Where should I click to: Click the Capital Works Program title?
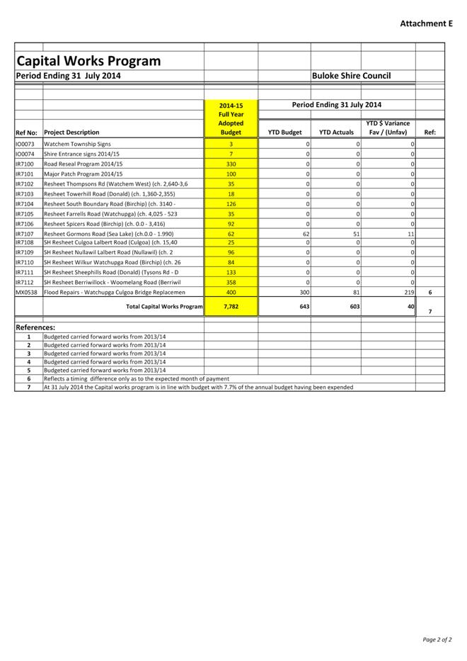[x=88, y=61]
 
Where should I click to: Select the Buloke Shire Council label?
[x=352, y=76]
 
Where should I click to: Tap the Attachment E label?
[x=426, y=23]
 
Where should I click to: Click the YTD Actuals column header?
[x=336, y=132]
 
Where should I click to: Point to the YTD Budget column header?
[x=284, y=132]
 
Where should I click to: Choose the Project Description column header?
[x=71, y=132]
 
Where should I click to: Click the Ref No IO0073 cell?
[x=25, y=144]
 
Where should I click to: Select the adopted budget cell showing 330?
[x=231, y=164]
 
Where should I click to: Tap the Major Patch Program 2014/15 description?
[x=83, y=174]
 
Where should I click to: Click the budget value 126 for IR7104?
[x=231, y=203]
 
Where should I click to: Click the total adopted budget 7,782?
[x=231, y=307]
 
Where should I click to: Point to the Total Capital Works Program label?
[x=164, y=307]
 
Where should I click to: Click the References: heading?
[x=35, y=328]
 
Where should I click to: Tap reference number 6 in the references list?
[x=28, y=379]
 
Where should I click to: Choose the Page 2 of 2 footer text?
[x=437, y=640]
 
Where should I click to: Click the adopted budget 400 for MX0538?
[x=231, y=292]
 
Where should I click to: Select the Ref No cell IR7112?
[x=25, y=282]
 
